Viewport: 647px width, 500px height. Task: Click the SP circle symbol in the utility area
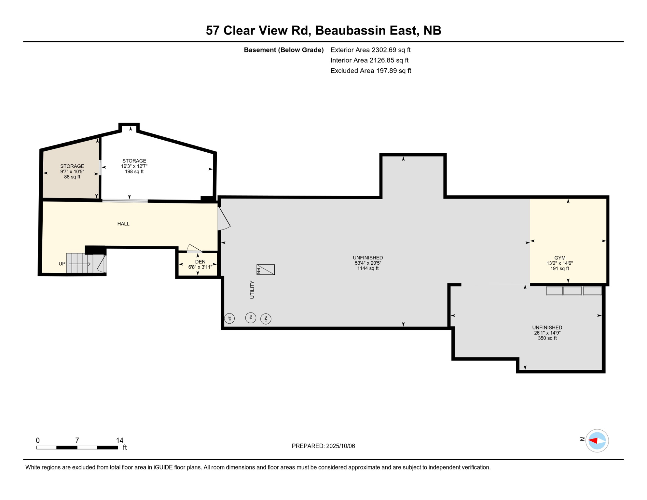(229, 318)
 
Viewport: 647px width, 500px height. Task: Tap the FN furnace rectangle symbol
(266, 270)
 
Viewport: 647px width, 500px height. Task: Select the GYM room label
(560, 258)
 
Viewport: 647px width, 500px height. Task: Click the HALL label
(123, 224)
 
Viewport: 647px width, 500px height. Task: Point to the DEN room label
(200, 262)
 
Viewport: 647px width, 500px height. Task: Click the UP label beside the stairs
(62, 264)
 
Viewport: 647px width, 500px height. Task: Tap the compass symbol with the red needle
(597, 441)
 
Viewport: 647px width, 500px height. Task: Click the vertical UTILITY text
(252, 290)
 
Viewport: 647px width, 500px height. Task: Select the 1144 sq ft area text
(368, 268)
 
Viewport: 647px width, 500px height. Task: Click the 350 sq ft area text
(547, 338)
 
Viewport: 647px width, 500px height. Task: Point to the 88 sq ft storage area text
(72, 177)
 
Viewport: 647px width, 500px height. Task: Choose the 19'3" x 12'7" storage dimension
(134, 166)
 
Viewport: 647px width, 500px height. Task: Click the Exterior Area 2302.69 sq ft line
(370, 50)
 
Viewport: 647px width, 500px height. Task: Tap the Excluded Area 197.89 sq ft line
(371, 71)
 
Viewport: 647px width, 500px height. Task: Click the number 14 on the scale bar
(119, 440)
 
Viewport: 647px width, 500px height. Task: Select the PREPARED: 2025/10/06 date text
(323, 446)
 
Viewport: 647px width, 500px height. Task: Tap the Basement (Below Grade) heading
(284, 50)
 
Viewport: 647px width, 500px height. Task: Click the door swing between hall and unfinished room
(224, 219)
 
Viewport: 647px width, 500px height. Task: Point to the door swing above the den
(194, 248)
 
